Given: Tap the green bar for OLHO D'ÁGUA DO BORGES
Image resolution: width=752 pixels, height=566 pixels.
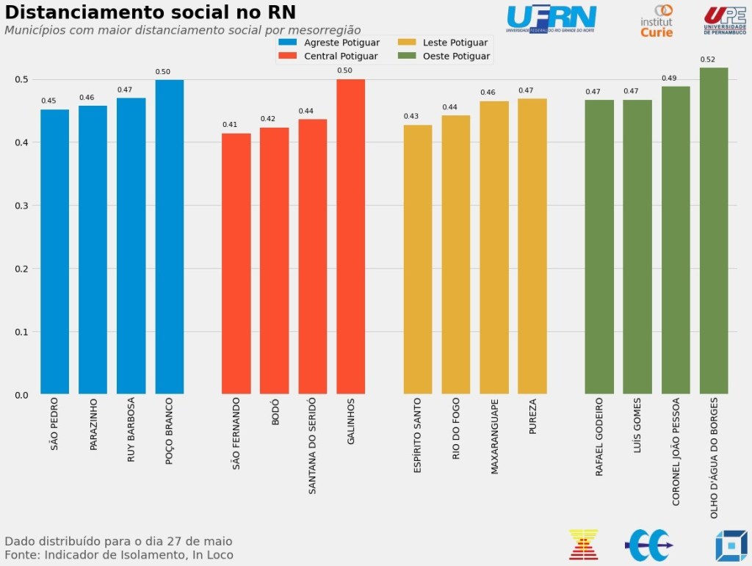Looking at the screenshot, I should coord(713,231).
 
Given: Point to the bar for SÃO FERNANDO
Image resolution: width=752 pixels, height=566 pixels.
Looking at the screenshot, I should coord(236,264).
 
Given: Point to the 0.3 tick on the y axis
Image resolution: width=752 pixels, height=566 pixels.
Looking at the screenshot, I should coord(21,206).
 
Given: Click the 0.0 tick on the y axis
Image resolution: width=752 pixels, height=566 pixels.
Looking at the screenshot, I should coord(21,395).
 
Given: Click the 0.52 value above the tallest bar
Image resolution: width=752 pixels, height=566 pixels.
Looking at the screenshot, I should coord(708,59).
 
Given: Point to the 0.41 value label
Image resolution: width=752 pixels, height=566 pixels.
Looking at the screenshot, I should coord(230,125).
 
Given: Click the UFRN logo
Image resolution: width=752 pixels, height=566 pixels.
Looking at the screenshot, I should coord(551,19).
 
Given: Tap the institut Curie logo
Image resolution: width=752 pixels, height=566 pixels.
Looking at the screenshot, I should coord(657,21).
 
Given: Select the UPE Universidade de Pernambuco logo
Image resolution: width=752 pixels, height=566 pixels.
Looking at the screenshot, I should coord(725,21).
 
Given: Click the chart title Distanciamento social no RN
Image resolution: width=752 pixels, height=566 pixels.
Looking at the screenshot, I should coord(151,12).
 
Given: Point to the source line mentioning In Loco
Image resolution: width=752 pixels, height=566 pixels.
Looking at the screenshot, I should coord(119,555).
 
